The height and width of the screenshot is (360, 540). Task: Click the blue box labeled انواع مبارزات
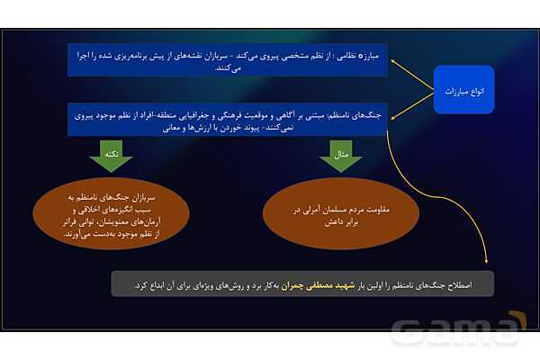click(x=463, y=91)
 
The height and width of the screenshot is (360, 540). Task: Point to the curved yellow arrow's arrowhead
click(x=487, y=263)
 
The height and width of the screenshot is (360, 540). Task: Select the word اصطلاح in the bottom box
click(x=477, y=285)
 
